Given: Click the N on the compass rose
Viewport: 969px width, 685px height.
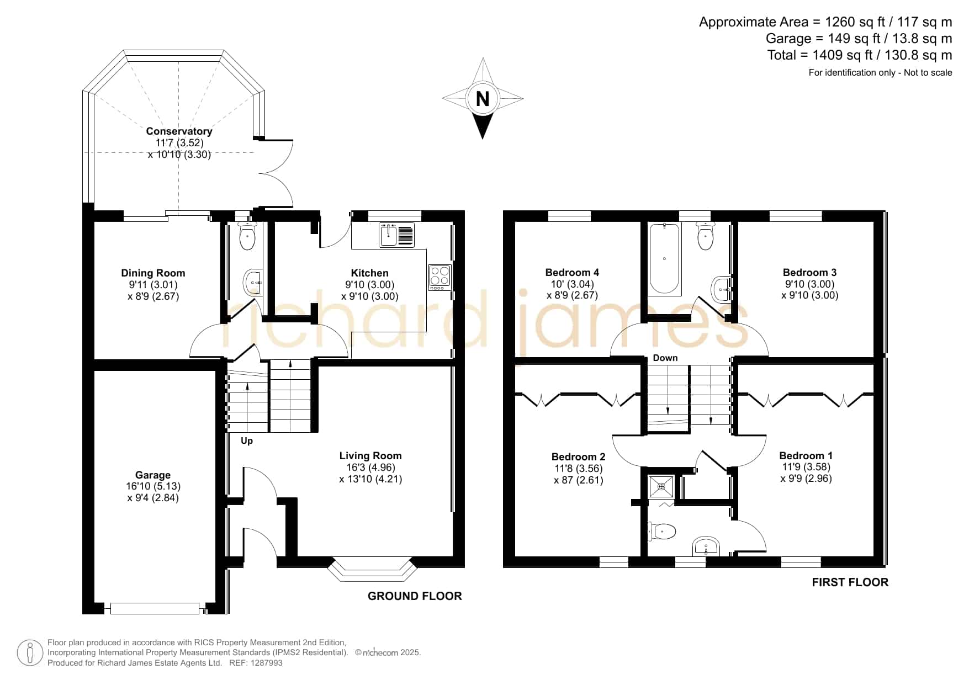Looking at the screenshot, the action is click(x=483, y=99).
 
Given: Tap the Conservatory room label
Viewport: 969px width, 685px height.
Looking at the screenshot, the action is click(x=179, y=131).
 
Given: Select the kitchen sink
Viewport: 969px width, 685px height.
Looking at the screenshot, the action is click(x=396, y=235).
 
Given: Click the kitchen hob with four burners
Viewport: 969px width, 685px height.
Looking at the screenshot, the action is click(x=440, y=278).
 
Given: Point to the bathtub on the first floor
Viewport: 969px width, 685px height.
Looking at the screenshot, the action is click(x=664, y=258).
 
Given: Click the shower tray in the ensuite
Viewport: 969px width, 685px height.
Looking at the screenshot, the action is click(x=661, y=487).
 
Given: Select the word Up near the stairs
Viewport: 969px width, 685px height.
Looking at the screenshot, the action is click(x=247, y=440).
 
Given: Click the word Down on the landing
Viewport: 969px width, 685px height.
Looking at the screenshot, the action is click(x=665, y=358).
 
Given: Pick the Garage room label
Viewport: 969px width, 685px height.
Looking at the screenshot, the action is click(x=153, y=475).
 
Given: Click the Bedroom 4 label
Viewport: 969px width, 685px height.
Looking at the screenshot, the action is click(x=572, y=272).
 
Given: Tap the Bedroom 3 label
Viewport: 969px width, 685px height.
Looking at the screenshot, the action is click(x=809, y=272).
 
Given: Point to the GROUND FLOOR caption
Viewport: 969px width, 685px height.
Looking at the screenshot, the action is click(x=415, y=596).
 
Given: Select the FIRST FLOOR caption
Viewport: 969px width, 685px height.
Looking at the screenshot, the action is click(x=850, y=582).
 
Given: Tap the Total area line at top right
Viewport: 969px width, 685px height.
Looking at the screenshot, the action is click(x=860, y=55).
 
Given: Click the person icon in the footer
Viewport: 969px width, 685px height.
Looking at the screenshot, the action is click(x=30, y=653).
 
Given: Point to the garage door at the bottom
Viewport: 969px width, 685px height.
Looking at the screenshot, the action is click(x=155, y=608).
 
